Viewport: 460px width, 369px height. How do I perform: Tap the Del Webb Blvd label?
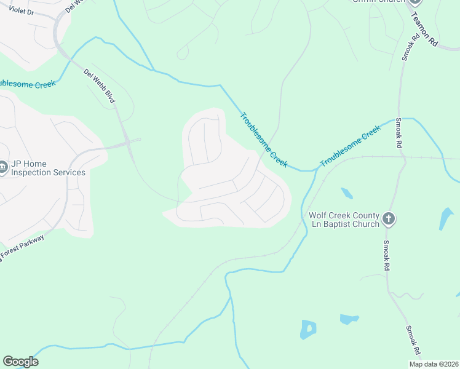[x=100, y=85]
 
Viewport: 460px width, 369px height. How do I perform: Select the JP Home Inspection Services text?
[x=48, y=169]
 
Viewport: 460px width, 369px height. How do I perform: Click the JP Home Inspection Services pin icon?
[x=2, y=168]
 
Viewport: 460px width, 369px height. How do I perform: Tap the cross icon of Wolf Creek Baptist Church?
[x=388, y=218]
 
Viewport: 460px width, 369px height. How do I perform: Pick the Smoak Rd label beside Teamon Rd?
[x=410, y=46]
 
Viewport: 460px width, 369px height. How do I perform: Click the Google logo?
[x=20, y=362]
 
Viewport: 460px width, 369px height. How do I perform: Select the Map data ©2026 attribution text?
[x=433, y=364]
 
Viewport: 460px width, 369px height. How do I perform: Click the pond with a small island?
[x=308, y=329]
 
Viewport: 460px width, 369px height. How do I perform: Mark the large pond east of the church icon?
[x=446, y=219]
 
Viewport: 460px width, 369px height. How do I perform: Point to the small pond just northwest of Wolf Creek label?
[x=347, y=193]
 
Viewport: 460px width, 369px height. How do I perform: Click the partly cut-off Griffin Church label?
[x=378, y=1]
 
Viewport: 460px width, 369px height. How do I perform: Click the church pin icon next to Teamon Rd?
[x=415, y=1]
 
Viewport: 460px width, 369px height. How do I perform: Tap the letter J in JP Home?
[x=14, y=164]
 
